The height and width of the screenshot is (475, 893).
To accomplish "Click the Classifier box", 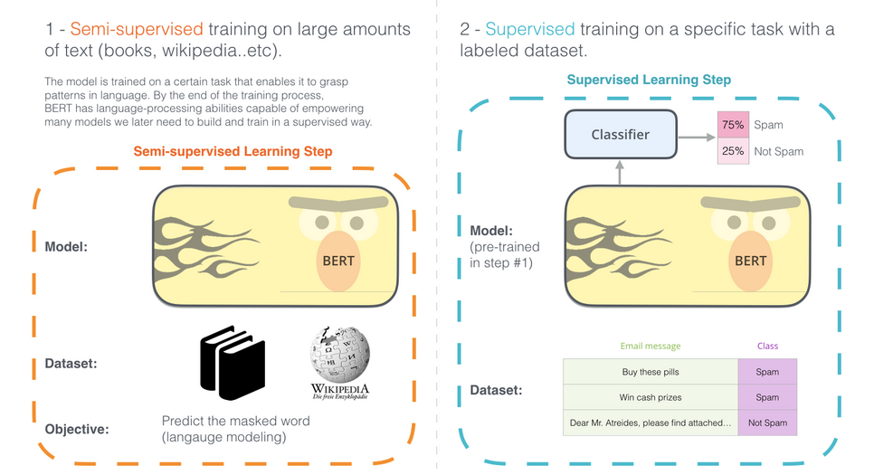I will click(621, 135).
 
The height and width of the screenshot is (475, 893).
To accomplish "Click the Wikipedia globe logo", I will click(339, 354).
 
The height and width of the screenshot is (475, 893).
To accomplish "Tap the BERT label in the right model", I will click(750, 261).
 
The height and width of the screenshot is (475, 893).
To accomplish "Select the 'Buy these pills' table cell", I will click(651, 372).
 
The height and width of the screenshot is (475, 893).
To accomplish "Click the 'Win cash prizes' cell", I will click(651, 397).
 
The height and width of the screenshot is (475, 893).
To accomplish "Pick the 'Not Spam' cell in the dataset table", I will click(767, 423).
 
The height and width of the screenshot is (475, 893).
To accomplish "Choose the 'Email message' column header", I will click(651, 346).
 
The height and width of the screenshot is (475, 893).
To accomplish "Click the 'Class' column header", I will click(767, 346).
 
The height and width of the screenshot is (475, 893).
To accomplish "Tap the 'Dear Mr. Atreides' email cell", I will click(651, 423).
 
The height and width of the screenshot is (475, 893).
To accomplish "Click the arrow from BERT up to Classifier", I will click(620, 172).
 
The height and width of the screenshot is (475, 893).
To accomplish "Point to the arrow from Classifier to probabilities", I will click(694, 138).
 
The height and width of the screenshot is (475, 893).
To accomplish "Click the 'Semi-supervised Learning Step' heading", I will click(233, 151).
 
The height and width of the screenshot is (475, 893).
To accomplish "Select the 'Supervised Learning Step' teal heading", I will click(648, 81).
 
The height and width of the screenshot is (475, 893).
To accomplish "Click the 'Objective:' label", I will click(77, 429).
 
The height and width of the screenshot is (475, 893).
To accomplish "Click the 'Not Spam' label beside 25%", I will click(778, 151).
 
